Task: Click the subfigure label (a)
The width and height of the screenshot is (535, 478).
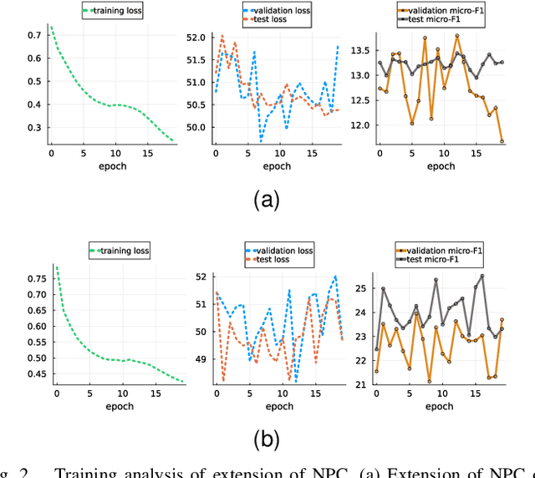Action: coord(267,199)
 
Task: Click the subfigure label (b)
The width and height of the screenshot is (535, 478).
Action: coord(267,439)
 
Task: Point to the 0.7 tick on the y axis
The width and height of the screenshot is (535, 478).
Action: coord(34,36)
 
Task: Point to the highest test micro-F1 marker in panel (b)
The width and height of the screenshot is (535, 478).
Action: coord(481,276)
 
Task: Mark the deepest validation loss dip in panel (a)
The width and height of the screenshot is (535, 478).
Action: coord(261,140)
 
